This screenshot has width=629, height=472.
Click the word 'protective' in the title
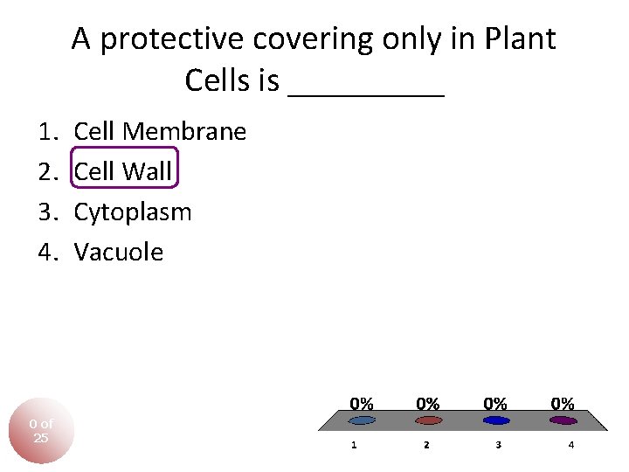click(x=176, y=39)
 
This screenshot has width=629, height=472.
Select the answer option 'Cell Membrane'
click(x=160, y=132)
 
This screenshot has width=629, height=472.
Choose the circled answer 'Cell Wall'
click(x=123, y=172)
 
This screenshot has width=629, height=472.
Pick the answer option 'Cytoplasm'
click(x=133, y=212)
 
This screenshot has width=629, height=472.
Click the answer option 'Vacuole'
click(x=119, y=253)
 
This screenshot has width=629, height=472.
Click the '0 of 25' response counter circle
click(x=41, y=431)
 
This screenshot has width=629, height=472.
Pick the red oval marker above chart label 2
click(x=427, y=420)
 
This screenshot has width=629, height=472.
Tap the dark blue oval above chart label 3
click(x=496, y=420)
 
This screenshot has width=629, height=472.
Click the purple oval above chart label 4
click(x=563, y=420)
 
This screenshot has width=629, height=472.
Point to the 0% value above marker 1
click(x=362, y=404)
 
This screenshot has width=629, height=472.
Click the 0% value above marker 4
click(x=563, y=404)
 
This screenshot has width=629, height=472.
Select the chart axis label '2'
click(x=426, y=445)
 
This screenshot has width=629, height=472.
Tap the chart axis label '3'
click(x=498, y=445)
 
